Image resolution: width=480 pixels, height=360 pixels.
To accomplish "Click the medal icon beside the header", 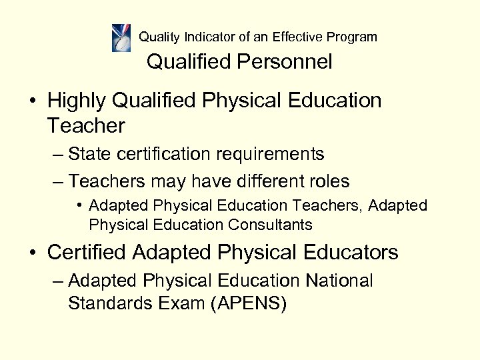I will (x=121, y=37).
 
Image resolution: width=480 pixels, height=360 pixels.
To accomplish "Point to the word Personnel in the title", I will (x=288, y=63).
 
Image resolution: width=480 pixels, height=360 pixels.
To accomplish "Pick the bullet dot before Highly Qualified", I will (x=33, y=101).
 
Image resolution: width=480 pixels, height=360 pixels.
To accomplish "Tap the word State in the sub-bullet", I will (x=89, y=155).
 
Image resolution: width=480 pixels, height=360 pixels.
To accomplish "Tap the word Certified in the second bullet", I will (x=86, y=253).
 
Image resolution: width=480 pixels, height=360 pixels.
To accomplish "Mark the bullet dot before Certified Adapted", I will (x=33, y=253).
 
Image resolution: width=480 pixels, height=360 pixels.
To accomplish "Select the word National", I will (x=339, y=281).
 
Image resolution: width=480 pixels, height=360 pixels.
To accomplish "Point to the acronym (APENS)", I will (x=248, y=303).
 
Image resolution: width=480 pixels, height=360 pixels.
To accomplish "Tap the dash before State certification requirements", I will (x=58, y=155).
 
